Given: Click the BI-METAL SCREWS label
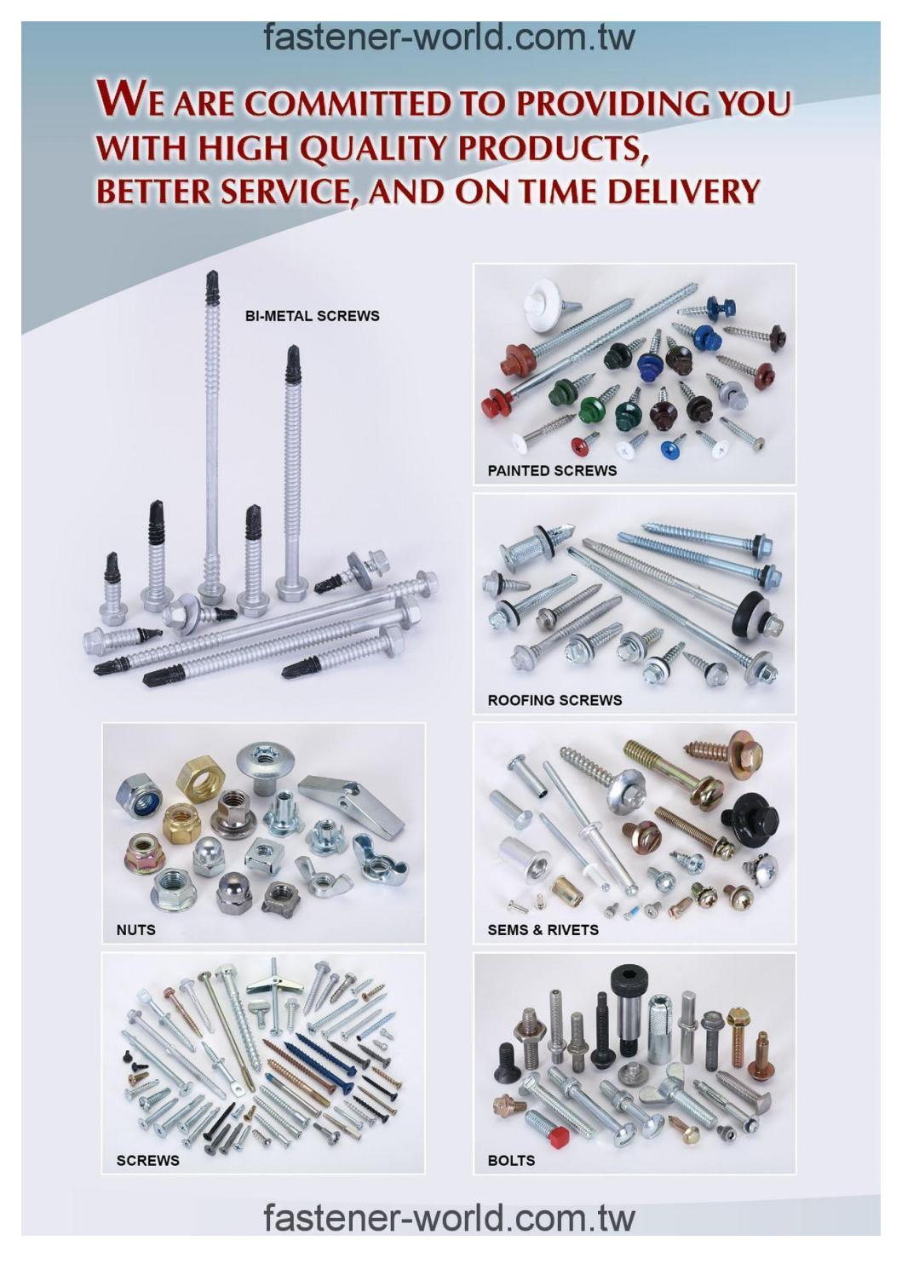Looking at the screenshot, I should tap(312, 316).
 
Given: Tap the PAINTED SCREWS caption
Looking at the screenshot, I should tap(551, 470).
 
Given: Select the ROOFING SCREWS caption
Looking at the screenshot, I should tap(554, 700).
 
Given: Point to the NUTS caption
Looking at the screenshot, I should tap(135, 929).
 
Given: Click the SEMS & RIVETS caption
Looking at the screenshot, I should tap(543, 929).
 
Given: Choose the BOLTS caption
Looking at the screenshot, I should tap(511, 1160).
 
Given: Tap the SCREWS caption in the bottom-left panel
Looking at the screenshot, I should tap(147, 1160).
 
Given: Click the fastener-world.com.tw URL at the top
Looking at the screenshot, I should tap(450, 37).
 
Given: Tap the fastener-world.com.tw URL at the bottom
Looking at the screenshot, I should tap(450, 1218).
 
